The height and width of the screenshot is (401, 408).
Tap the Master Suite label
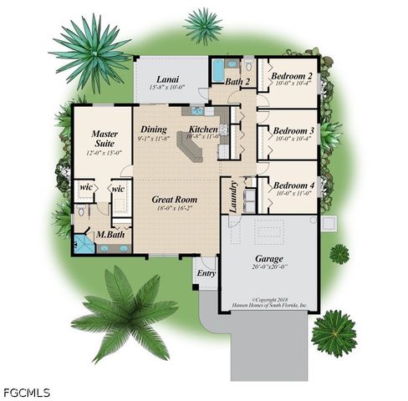105,139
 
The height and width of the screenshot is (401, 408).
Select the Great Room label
174,200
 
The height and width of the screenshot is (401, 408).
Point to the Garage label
268,259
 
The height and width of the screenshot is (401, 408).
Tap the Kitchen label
202,129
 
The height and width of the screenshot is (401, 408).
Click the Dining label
154,129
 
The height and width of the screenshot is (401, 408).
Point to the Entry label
205,272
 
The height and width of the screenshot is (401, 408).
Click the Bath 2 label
237,82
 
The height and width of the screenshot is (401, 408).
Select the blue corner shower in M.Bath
83,245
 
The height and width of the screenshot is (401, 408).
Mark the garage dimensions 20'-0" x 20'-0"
268,268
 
